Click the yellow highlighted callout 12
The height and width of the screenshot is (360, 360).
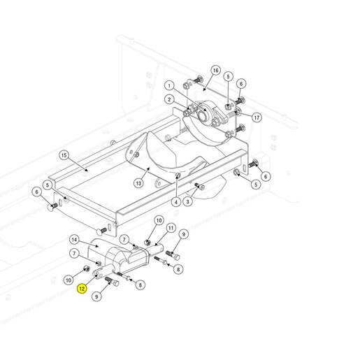tap(82, 289)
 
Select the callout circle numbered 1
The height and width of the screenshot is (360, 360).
tap(169, 86)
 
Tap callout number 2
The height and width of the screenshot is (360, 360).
tap(169, 99)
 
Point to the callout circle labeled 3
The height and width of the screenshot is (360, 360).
tap(188, 201)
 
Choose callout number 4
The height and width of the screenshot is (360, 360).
tap(176, 202)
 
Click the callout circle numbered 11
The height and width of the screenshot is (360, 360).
tap(171, 228)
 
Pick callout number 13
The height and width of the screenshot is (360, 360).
tap(138, 183)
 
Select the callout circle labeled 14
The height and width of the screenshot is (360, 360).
tap(74, 240)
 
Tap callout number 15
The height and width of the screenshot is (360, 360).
tap(64, 155)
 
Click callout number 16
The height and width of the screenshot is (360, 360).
tap(216, 71)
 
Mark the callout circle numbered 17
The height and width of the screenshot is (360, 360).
tap(257, 117)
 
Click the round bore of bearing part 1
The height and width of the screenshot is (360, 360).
tap(202, 115)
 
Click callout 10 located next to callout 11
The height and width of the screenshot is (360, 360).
tap(159, 220)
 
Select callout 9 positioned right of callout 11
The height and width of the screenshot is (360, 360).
tap(184, 234)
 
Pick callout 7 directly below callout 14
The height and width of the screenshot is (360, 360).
tap(74, 253)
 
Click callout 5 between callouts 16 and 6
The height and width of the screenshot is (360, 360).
tap(228, 76)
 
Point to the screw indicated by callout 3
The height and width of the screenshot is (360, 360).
tap(200, 186)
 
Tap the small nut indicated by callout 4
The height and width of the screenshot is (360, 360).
tap(178, 175)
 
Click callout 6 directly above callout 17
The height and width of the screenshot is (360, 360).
tap(241, 84)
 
